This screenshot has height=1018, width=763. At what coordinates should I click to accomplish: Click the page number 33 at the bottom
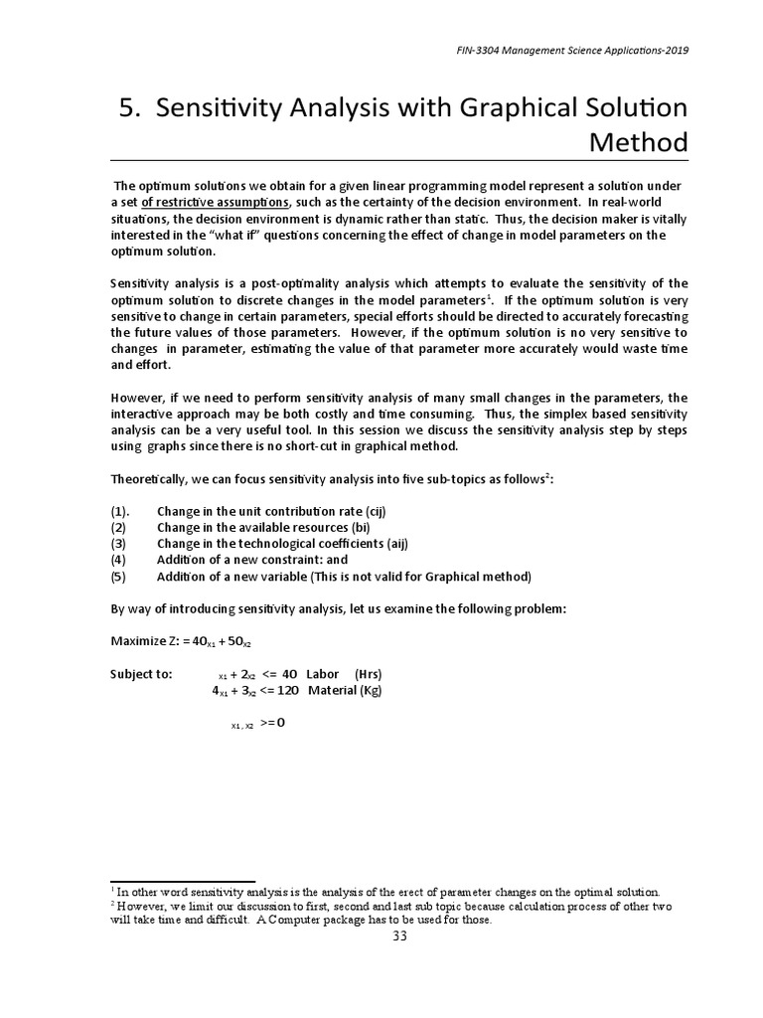point(399,937)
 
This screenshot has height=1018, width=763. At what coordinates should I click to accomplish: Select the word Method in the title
point(639,142)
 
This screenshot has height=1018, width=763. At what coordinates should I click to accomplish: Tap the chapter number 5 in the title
point(126,109)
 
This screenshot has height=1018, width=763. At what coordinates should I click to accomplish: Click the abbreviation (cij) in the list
point(370,511)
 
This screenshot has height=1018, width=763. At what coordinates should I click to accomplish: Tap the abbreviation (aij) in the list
point(391,543)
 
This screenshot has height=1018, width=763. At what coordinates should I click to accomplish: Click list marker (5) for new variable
point(119,577)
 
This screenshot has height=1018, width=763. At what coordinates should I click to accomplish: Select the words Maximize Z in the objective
point(143,641)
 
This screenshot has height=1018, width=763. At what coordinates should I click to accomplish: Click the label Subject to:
point(141,674)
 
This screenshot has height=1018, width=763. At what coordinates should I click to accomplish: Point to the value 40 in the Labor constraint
point(289,674)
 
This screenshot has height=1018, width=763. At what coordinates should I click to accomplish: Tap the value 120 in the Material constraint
point(287,690)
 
